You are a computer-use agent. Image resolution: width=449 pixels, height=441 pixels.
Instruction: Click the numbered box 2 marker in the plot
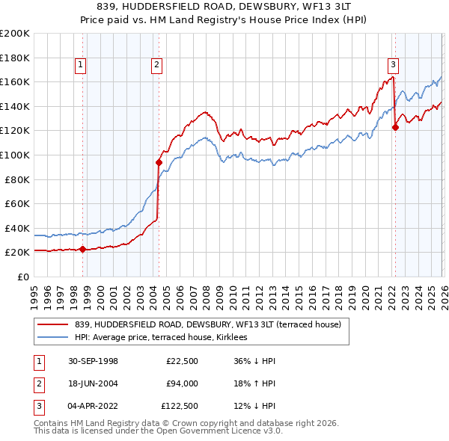click(156, 66)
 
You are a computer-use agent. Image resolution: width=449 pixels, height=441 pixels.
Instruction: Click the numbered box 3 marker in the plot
click(394, 66)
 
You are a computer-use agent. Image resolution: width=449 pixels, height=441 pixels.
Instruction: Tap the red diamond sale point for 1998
click(82, 250)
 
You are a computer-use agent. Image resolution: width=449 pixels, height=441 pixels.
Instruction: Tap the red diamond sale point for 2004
click(159, 162)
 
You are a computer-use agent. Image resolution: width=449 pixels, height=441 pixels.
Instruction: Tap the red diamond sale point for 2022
click(395, 127)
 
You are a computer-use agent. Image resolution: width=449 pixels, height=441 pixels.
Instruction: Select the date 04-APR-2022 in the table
click(91, 407)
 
